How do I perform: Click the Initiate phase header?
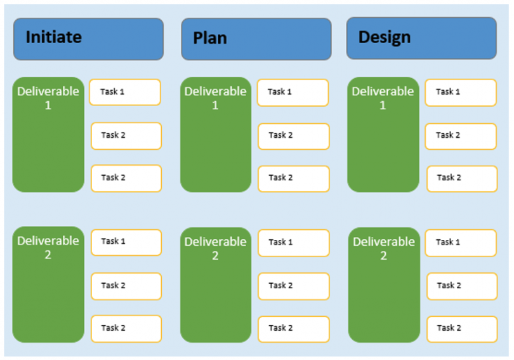coord(88,39)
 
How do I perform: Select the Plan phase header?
coord(256,39)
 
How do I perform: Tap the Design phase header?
coord(421,38)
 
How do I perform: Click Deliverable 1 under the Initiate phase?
coord(48,135)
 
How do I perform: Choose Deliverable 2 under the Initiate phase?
coord(48,284)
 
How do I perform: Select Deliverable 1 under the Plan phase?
coord(215,135)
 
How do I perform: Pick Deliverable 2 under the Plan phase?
coord(215,285)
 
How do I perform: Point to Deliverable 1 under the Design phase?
coord(383,135)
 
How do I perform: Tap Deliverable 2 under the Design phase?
coord(384,285)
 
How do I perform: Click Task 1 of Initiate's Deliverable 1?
coord(125,92)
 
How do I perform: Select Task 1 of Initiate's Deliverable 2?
coord(126,242)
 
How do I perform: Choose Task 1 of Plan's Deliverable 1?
coord(293,93)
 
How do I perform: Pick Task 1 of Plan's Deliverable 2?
coord(293,243)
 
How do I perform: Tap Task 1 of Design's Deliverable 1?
coord(460,93)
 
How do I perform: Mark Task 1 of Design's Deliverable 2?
coord(461,243)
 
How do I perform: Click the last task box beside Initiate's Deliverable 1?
coord(126,178)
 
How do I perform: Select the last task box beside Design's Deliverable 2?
coord(461,328)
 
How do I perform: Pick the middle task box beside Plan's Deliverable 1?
coord(293,136)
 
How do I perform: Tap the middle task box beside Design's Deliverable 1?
coord(461,136)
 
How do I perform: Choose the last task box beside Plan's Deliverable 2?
coord(293,328)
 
